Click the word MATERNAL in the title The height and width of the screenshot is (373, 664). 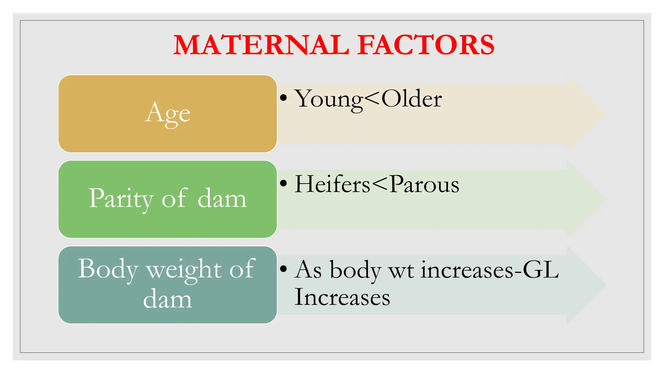click(x=261, y=45)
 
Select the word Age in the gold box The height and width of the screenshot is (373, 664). click(x=167, y=113)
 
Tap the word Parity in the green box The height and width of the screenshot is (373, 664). click(x=121, y=198)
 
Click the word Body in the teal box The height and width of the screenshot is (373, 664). click(x=107, y=269)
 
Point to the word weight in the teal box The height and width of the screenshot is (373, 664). click(x=184, y=270)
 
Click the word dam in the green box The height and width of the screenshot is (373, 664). click(x=222, y=198)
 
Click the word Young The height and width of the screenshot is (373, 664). click(x=328, y=99)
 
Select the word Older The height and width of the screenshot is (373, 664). click(x=411, y=98)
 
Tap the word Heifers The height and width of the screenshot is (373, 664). click(x=332, y=184)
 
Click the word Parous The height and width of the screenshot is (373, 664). click(x=424, y=184)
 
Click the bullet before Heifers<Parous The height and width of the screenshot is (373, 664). click(x=284, y=183)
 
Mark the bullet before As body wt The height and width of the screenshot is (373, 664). click(x=284, y=269)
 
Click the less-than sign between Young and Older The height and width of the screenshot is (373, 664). click(x=372, y=99)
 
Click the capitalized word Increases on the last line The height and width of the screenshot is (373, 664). click(x=342, y=297)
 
